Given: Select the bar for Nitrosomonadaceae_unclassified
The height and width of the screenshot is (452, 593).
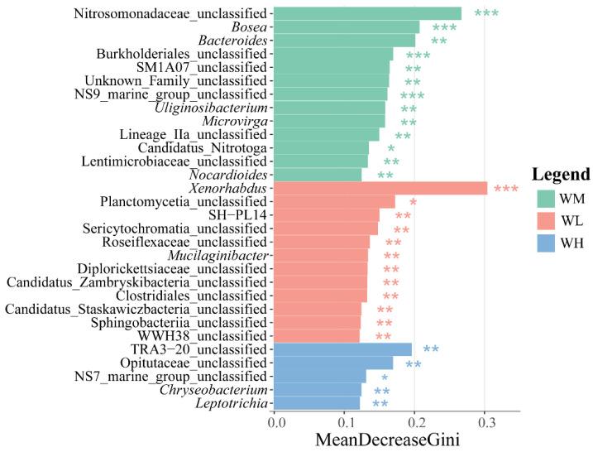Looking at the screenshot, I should coord(367,13).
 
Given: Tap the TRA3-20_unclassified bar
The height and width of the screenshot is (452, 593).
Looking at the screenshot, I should coord(342,349).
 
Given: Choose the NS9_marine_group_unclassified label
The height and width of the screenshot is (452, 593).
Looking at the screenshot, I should coord(177,94).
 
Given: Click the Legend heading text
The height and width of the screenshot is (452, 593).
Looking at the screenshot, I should coord(560,175).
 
